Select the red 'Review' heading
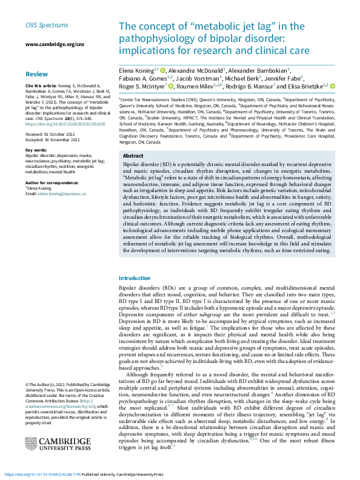tap(36, 73)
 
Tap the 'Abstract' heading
tap(133, 156)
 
